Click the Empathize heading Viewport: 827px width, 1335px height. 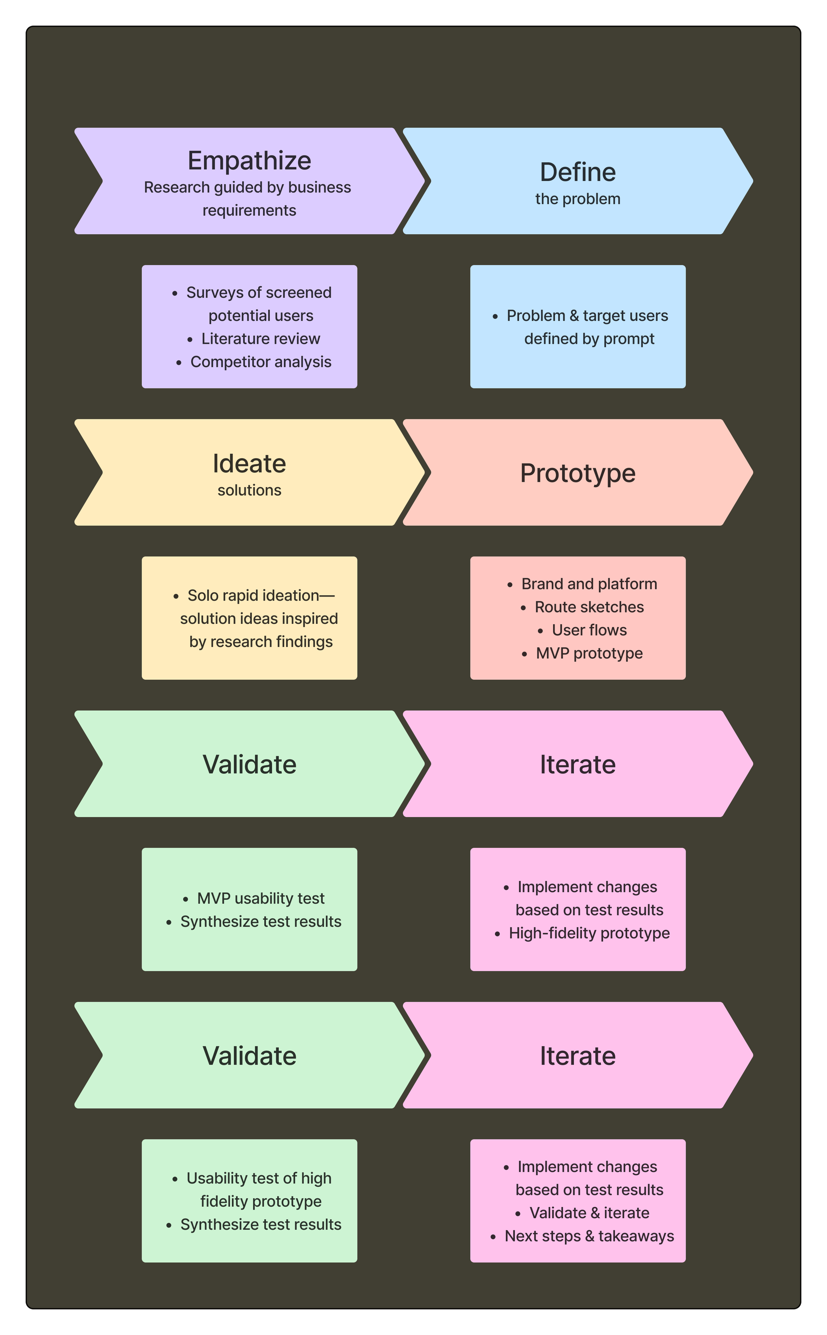(x=249, y=161)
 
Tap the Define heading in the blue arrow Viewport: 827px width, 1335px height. (x=578, y=172)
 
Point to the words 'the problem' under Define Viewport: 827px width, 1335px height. (x=578, y=199)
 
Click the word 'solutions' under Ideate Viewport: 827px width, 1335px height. (x=249, y=490)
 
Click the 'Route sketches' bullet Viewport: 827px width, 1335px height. (x=589, y=607)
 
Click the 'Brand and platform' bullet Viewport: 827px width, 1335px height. (x=589, y=584)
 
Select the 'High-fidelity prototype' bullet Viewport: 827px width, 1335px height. (x=589, y=933)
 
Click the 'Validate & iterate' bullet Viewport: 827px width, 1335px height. (x=589, y=1213)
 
